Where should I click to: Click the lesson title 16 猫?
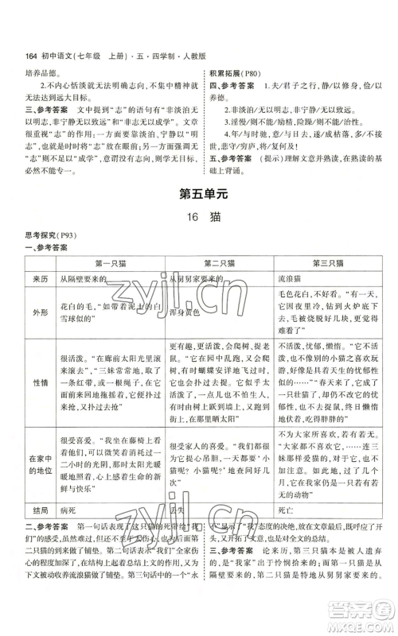198,217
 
